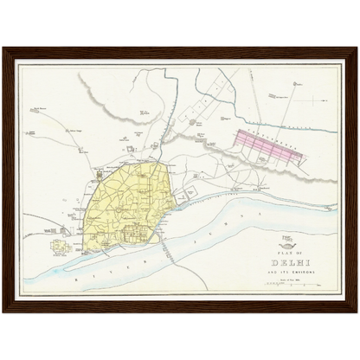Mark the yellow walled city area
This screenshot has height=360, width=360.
[x=121, y=195]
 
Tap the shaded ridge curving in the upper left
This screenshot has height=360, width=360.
[x=112, y=91]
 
